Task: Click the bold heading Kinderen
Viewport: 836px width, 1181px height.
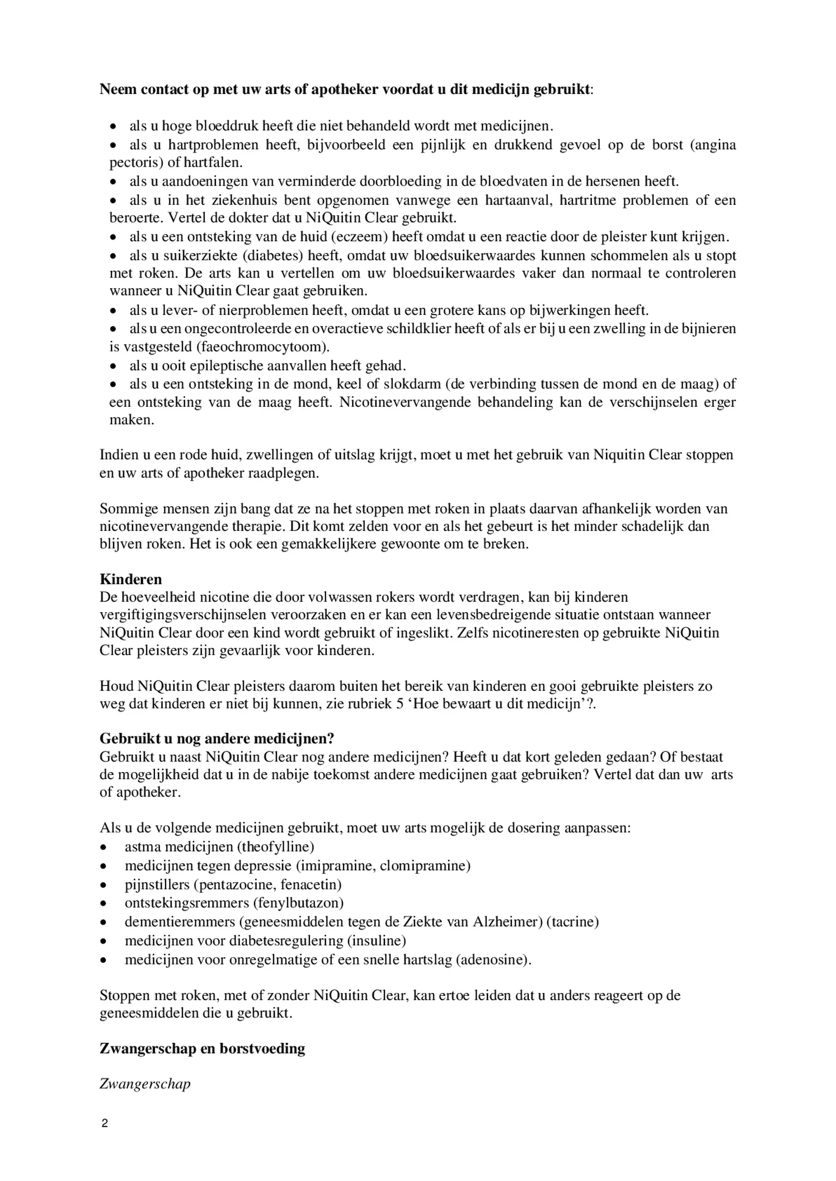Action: (131, 578)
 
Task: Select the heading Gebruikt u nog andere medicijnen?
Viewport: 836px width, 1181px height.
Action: (217, 738)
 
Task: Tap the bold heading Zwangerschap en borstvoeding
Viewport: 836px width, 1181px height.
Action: (202, 1048)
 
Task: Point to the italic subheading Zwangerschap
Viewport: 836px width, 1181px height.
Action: (145, 1084)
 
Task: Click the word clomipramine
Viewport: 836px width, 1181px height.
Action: (422, 865)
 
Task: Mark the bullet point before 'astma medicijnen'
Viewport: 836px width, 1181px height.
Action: (104, 847)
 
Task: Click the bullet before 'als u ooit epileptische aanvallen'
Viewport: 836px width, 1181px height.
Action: (114, 366)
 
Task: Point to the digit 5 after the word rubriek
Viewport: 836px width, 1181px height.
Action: (400, 703)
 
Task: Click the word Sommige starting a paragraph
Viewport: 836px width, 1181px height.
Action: (124, 509)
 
